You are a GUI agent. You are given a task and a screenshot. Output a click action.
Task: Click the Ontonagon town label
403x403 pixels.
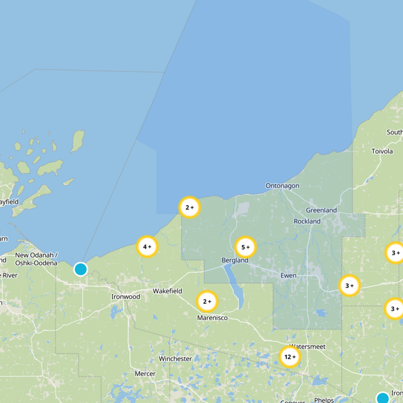(x=282, y=186)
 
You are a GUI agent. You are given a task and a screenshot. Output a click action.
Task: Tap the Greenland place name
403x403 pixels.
(x=321, y=210)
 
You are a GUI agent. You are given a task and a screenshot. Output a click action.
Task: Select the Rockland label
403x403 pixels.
(x=307, y=221)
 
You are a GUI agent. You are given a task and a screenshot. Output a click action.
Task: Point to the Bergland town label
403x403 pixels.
(x=235, y=260)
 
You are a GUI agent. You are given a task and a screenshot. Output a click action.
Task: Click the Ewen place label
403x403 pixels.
(x=288, y=276)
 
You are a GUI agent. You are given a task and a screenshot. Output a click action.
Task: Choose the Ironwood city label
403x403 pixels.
(x=125, y=297)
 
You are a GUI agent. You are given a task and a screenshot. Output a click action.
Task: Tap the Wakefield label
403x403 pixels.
(x=168, y=291)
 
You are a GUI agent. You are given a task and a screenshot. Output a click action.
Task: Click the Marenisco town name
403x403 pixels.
(x=212, y=318)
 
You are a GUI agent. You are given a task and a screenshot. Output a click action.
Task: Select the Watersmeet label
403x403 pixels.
(x=307, y=347)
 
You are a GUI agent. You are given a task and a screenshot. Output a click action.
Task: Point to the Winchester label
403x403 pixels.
(x=175, y=359)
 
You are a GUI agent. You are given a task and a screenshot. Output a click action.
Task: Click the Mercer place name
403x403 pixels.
(x=145, y=374)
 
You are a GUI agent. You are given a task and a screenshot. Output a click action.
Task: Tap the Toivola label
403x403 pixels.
(x=382, y=151)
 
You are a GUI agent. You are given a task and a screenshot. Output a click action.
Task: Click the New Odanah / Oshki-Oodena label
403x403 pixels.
(x=36, y=259)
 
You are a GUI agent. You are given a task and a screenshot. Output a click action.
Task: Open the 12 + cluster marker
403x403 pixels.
(x=290, y=357)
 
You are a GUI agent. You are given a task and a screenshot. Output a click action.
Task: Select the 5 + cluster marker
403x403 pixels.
(x=245, y=247)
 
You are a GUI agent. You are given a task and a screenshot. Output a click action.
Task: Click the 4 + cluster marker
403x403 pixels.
(x=147, y=247)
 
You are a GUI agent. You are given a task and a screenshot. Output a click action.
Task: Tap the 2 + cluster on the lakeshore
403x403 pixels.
(x=189, y=207)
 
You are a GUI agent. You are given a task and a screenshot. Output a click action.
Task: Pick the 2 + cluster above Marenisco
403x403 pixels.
(x=207, y=302)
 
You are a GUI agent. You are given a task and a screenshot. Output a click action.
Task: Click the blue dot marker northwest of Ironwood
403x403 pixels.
(x=81, y=270)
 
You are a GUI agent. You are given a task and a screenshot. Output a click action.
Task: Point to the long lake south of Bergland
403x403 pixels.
(x=233, y=286)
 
